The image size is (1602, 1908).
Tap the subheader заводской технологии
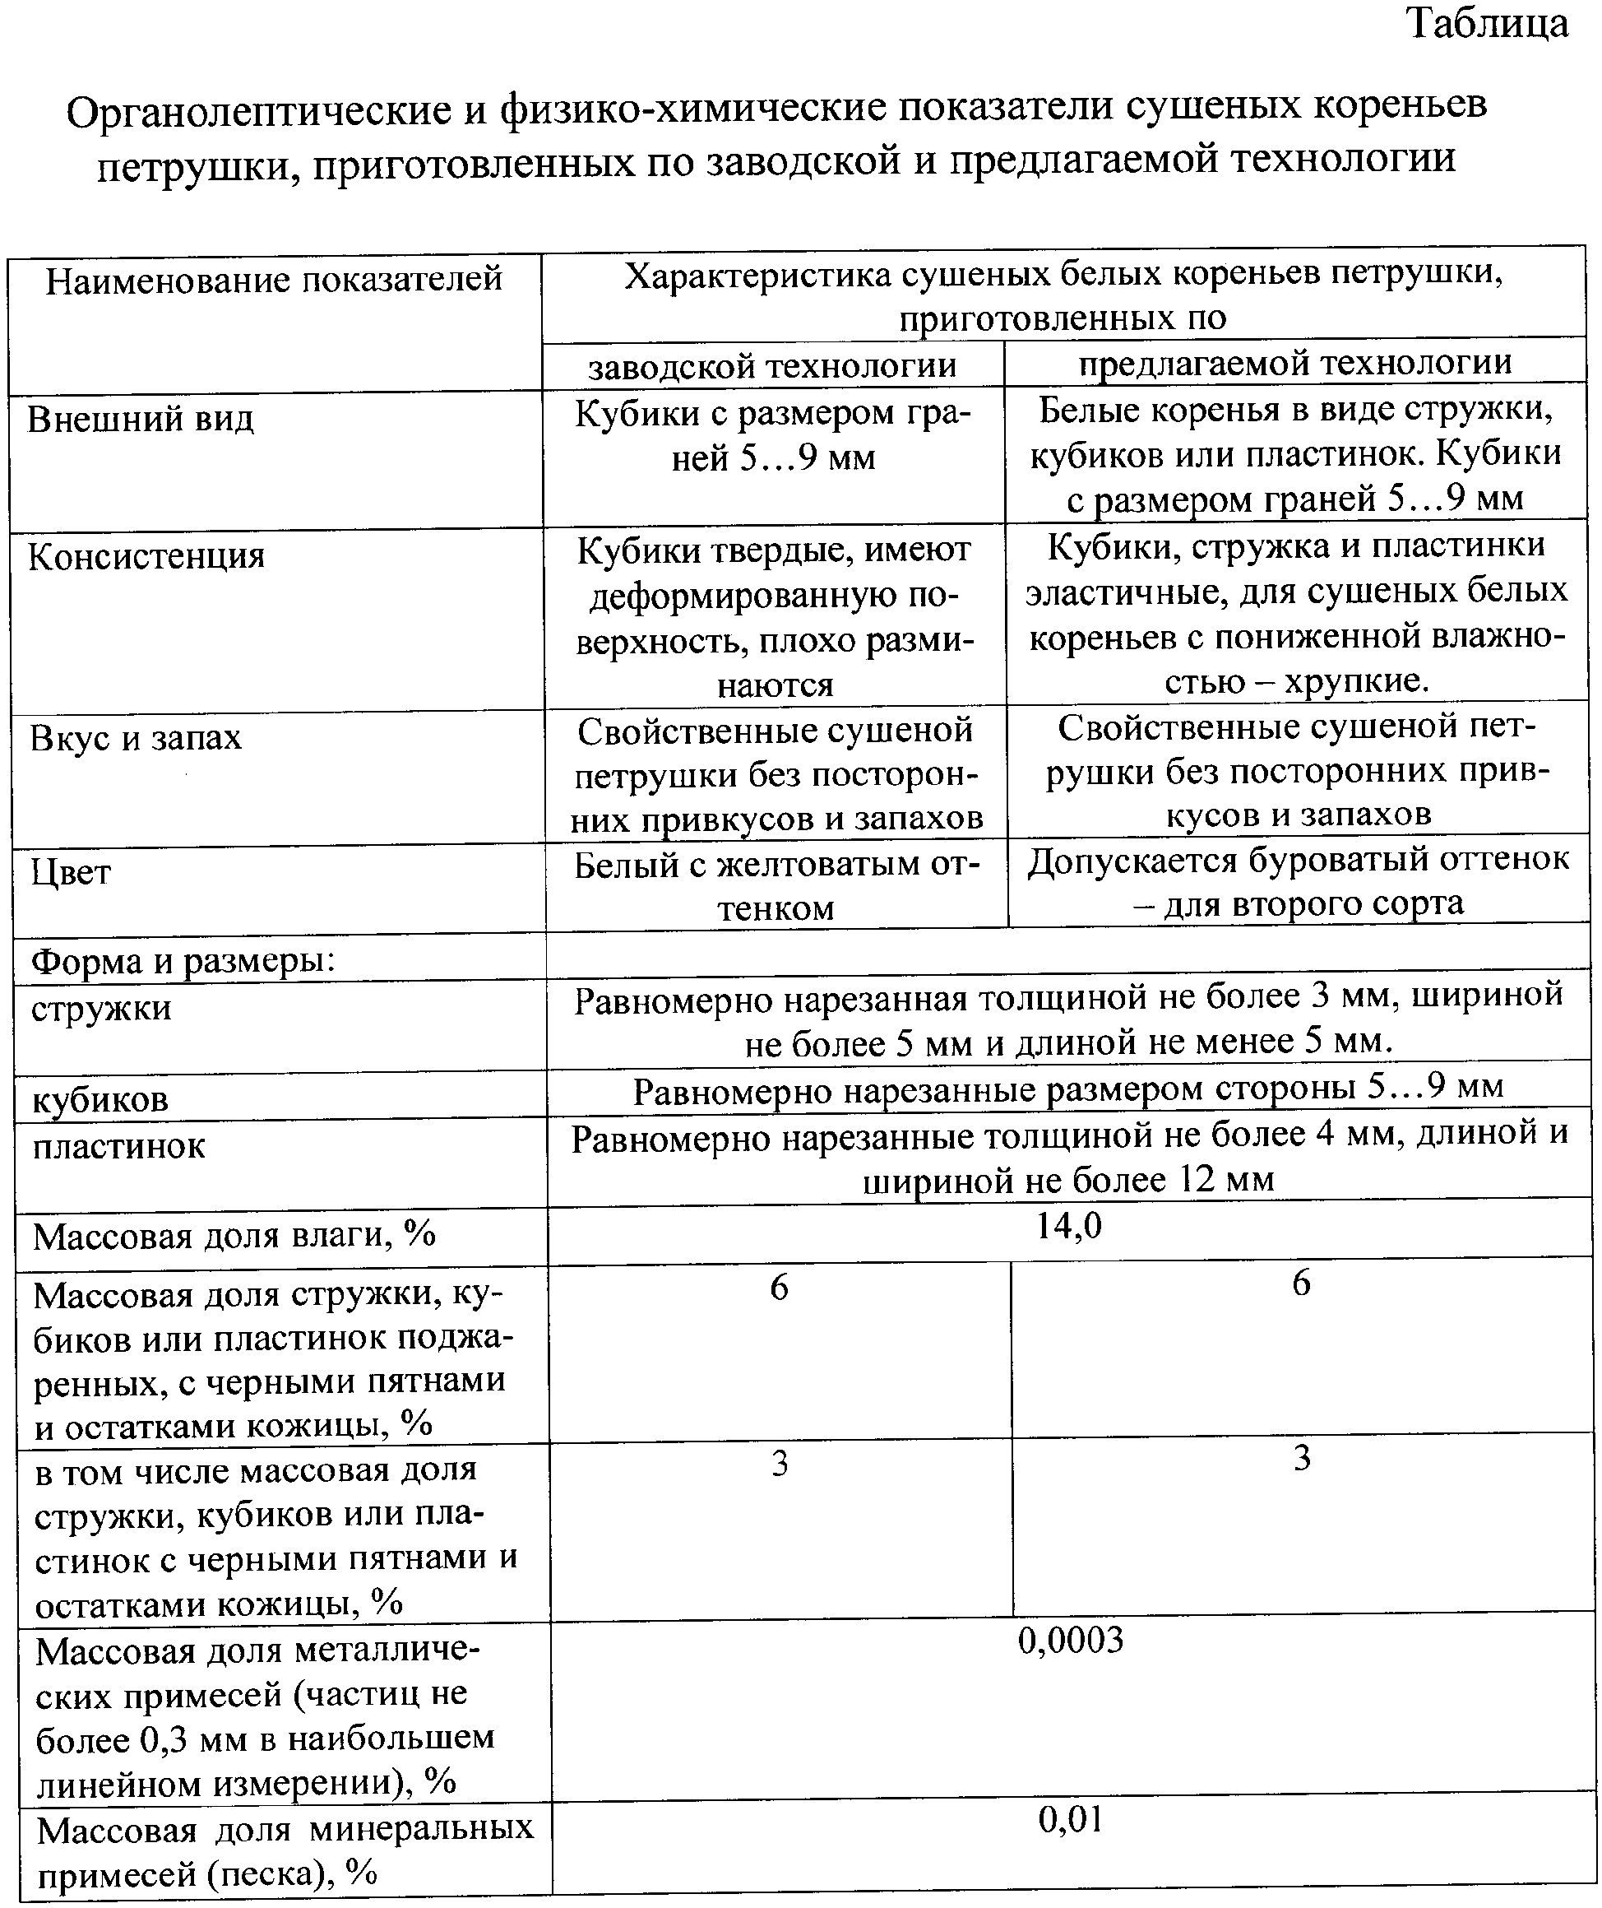[772, 366]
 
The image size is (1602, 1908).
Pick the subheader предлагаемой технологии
[1295, 363]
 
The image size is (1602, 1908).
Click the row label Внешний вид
[141, 420]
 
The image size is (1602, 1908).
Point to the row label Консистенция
[146, 556]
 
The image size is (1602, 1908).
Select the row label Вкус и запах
[137, 738]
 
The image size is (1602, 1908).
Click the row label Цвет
[71, 873]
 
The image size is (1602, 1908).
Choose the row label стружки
[101, 1009]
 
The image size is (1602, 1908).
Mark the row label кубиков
[100, 1101]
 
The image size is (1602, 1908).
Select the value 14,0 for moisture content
[1069, 1227]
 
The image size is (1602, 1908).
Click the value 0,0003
[1071, 1640]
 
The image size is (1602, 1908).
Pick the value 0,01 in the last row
[1071, 1820]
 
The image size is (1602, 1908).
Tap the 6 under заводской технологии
[779, 1288]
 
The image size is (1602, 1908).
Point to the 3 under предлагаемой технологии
[1301, 1458]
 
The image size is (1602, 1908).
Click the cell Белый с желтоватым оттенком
[776, 886]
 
